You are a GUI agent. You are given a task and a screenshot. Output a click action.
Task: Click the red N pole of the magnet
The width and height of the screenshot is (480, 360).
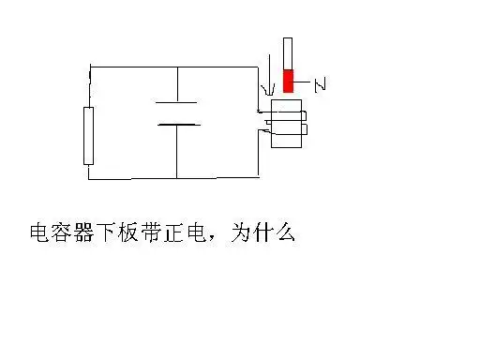[x=289, y=82]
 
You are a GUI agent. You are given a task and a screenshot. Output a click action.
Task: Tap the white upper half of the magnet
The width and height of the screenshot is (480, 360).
[x=289, y=53]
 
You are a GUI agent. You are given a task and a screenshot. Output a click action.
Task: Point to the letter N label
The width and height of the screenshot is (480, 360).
[x=320, y=86]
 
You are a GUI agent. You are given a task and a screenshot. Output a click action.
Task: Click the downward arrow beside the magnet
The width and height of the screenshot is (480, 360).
[x=269, y=80]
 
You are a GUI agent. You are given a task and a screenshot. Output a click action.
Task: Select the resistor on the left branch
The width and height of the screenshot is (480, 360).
[x=89, y=136]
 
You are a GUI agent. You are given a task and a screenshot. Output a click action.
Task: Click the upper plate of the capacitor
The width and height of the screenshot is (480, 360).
[x=174, y=102]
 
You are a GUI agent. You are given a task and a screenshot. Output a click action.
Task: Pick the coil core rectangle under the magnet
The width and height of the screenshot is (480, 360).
[x=287, y=126]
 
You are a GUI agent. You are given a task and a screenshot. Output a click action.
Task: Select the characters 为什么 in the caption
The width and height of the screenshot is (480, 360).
[x=269, y=232]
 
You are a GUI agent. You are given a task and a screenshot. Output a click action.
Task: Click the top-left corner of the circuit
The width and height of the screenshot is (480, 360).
[x=91, y=67]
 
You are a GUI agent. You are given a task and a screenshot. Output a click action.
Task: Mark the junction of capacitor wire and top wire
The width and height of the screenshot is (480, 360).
[x=176, y=67]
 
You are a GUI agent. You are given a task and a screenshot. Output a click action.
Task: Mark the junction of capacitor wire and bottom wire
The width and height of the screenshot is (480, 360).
[x=176, y=177]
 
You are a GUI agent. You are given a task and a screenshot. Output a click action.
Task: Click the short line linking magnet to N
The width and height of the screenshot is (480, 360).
[x=304, y=86]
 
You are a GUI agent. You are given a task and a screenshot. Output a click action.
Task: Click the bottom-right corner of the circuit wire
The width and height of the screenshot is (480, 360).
[x=258, y=177]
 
